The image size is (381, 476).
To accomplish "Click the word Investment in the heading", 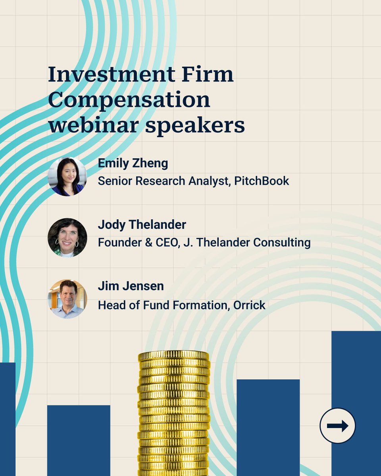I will (x=111, y=74).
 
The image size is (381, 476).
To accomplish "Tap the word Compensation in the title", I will (x=129, y=100).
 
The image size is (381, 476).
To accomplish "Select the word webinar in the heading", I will (x=93, y=125).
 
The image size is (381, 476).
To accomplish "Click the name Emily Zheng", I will (x=133, y=163).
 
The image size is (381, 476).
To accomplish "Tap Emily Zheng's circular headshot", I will (x=67, y=177).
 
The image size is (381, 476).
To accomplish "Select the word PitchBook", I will (x=262, y=181).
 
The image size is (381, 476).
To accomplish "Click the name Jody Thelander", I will (x=142, y=225).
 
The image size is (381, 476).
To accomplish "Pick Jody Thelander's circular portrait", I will (x=67, y=238).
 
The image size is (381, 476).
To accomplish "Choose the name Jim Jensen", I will (x=131, y=286).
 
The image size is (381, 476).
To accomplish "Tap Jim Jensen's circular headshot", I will (x=67, y=299).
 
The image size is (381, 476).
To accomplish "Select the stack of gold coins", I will (x=173, y=413).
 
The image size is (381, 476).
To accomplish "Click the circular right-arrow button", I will (x=337, y=426).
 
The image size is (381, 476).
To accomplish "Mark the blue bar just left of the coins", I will (x=79, y=440).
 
